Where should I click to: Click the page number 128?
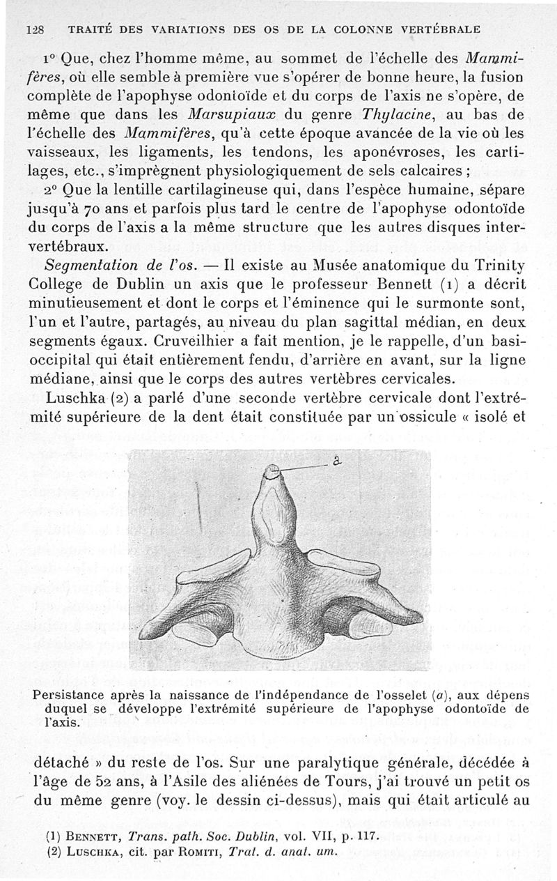35,30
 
